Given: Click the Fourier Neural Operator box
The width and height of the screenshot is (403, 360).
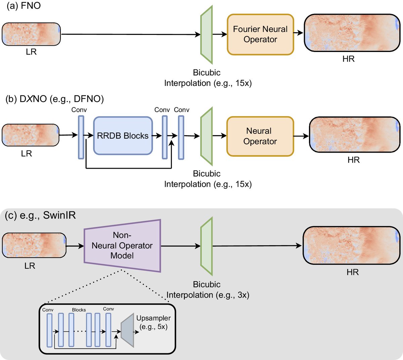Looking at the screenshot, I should tap(260, 35).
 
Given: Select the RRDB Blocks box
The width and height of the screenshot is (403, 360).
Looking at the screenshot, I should tap(123, 136).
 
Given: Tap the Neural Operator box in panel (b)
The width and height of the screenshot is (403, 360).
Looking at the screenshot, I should tap(260, 136).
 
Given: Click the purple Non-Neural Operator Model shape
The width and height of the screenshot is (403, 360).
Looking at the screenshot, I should tap(122, 245).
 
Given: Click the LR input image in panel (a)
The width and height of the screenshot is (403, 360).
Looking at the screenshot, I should tap(31, 34).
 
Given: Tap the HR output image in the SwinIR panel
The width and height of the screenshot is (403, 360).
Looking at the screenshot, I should tap(352, 246).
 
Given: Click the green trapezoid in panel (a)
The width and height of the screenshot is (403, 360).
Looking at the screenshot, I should tap(207, 35).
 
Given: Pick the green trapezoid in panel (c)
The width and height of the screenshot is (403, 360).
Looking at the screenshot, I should tap(207, 246).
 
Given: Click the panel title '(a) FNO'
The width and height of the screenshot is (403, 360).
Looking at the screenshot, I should tap(24, 6).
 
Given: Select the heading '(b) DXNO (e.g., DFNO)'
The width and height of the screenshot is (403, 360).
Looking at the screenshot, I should tap(55, 99).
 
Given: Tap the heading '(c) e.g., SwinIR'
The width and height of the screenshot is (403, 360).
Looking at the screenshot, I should tap(40, 215).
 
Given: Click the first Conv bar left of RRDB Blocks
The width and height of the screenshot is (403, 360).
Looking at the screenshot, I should tap(81, 137).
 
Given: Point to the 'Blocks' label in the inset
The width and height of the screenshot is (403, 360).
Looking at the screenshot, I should tap(79, 310).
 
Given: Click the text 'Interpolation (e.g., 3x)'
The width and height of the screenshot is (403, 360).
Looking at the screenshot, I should tap(208, 295).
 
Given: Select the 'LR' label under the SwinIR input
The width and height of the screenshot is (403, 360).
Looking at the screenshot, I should tap(30, 266).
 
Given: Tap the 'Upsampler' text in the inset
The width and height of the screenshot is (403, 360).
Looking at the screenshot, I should tap(153, 318).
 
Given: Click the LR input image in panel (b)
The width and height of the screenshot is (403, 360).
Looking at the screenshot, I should tap(31, 135).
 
